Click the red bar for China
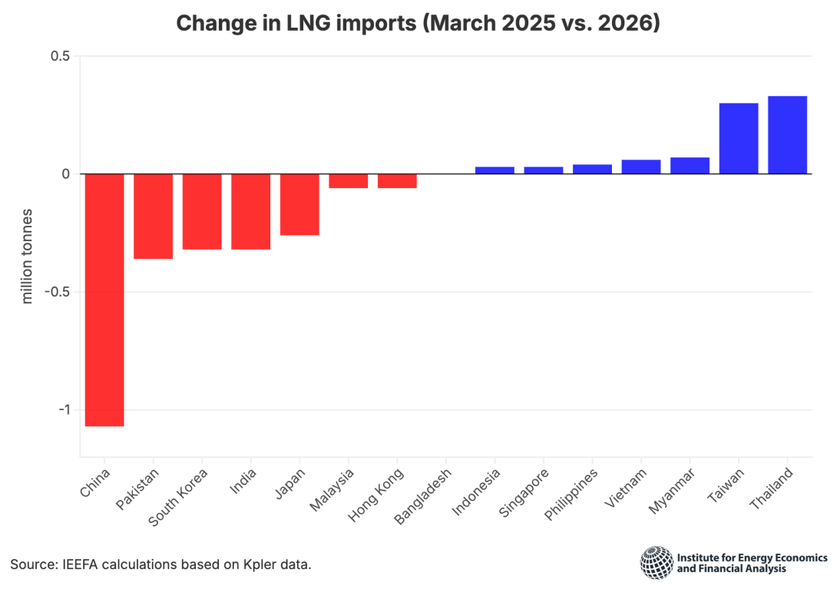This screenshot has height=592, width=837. (x=104, y=299)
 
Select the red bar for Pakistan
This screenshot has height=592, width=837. (x=154, y=216)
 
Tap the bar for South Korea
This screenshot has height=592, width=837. (x=202, y=211)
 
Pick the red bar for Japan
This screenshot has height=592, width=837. (x=299, y=204)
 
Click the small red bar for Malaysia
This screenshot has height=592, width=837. (x=349, y=181)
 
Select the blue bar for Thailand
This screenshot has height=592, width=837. (x=787, y=135)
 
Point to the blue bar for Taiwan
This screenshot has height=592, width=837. (x=739, y=138)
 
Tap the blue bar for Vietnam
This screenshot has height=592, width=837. (x=641, y=167)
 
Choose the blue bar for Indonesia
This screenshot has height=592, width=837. (x=495, y=170)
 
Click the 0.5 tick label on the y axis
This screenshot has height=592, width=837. (x=61, y=56)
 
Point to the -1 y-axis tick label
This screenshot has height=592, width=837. (x=63, y=409)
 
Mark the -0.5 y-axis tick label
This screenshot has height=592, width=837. (x=58, y=292)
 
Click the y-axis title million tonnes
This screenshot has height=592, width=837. (x=28, y=255)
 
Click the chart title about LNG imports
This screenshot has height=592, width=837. (x=418, y=23)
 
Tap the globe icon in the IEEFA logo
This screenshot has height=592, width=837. (x=656, y=562)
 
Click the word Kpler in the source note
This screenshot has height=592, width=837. (x=264, y=564)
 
